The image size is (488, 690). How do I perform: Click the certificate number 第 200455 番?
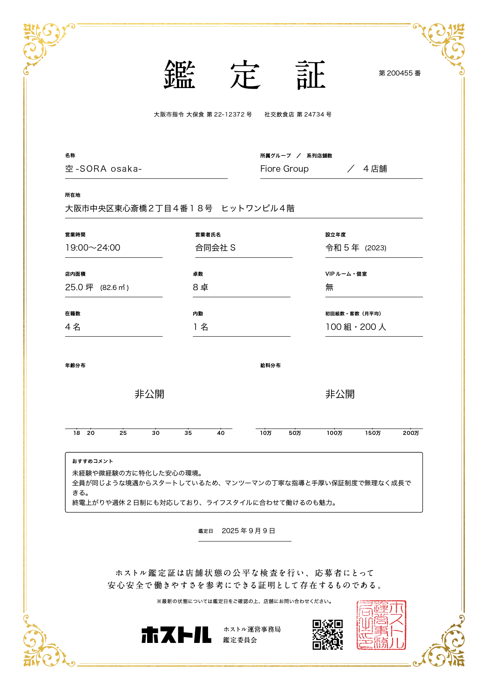tap(400, 73)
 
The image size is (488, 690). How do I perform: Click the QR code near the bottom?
tap(327, 634)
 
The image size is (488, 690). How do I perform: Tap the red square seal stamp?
tap(381, 625)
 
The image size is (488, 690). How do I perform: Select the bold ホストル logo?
tap(176, 634)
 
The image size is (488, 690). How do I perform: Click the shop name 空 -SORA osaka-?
tap(103, 169)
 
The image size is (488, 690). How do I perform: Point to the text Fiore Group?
tap(284, 169)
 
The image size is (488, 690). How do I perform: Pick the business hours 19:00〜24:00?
tap(93, 248)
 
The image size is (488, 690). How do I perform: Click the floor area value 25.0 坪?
tap(79, 287)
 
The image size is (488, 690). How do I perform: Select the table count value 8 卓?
tap(200, 287)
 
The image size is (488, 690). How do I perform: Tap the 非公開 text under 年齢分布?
tap(149, 394)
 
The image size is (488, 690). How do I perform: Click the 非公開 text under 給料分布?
tap(340, 394)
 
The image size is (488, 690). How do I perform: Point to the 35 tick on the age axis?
tap(188, 433)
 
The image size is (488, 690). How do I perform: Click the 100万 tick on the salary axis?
tap(334, 433)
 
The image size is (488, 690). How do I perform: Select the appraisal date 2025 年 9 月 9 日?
tap(248, 531)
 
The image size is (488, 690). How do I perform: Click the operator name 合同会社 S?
tap(215, 248)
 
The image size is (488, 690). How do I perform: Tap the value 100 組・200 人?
tap(356, 327)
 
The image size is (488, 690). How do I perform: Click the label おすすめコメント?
tap(93, 461)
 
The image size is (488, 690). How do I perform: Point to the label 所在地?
tap(73, 195)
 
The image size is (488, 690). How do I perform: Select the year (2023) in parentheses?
tap(375, 248)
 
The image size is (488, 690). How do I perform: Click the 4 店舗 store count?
tap(375, 169)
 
